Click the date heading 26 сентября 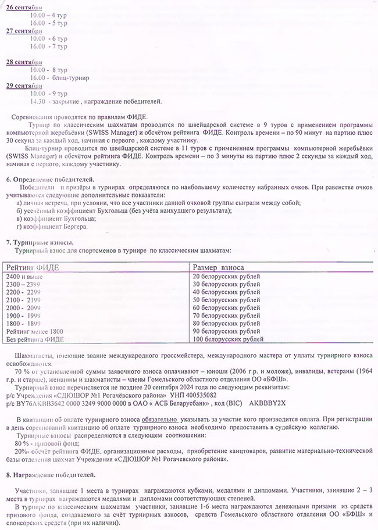24,6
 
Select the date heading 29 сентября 24,86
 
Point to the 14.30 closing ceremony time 38,102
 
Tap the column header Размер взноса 219,266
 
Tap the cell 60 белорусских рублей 226,307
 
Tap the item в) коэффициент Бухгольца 53,218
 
